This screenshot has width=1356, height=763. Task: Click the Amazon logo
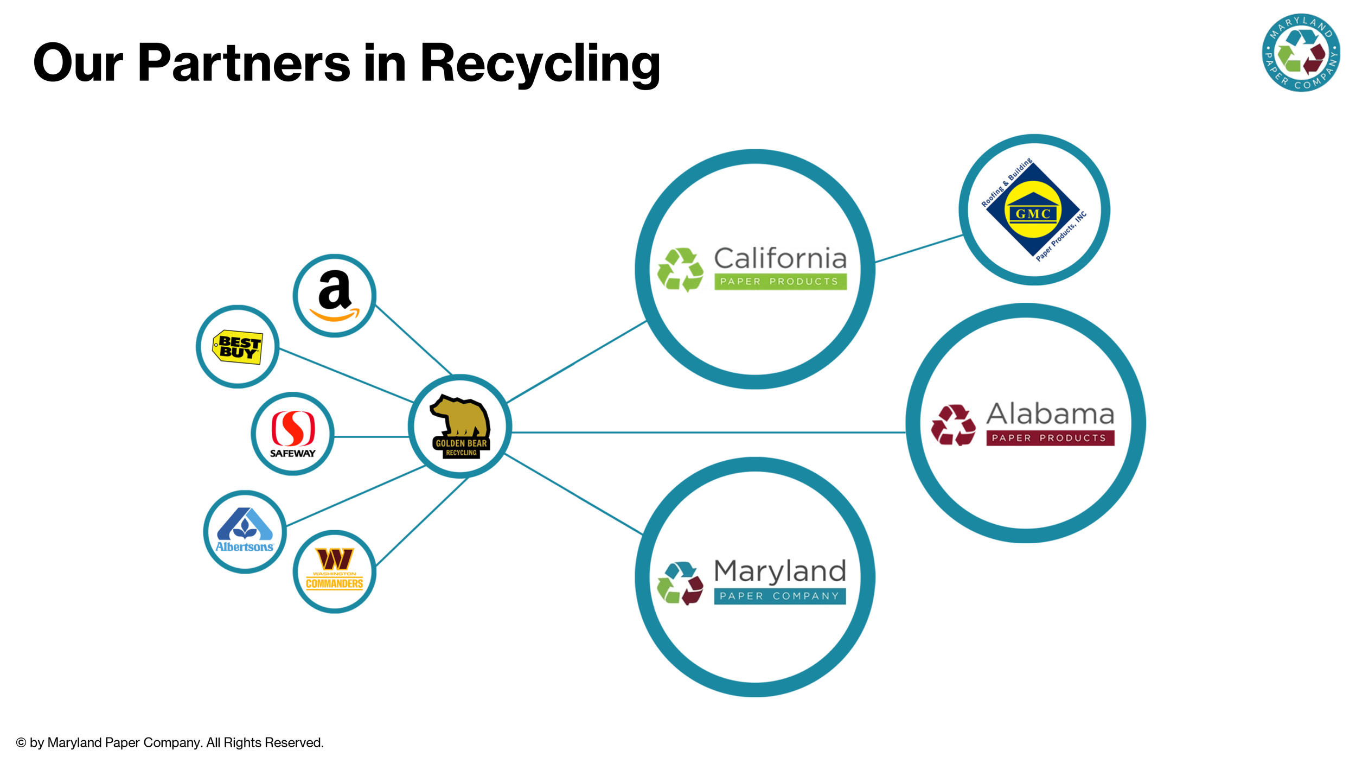click(x=335, y=296)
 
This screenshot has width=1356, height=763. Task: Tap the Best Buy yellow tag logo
click(x=238, y=347)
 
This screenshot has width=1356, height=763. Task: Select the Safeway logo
click(x=293, y=434)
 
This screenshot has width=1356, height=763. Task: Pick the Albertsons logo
click(x=245, y=531)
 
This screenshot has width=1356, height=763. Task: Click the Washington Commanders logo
click(x=335, y=569)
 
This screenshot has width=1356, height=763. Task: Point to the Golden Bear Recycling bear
click(x=460, y=417)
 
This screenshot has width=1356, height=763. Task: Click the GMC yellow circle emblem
click(x=1033, y=209)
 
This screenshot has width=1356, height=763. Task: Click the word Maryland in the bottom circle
click(x=779, y=571)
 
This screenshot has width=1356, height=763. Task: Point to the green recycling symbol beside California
click(x=680, y=270)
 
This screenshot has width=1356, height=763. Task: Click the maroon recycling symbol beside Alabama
click(x=953, y=425)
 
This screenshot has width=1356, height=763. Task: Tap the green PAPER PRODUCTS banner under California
click(x=780, y=282)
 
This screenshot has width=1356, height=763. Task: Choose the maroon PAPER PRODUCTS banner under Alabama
click(x=1050, y=438)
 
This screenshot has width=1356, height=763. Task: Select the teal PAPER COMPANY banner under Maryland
click(x=779, y=596)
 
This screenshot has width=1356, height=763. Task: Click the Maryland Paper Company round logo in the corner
click(x=1301, y=53)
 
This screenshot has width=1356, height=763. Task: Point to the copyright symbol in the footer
click(x=21, y=742)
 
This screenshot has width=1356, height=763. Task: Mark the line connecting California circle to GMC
click(x=919, y=249)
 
